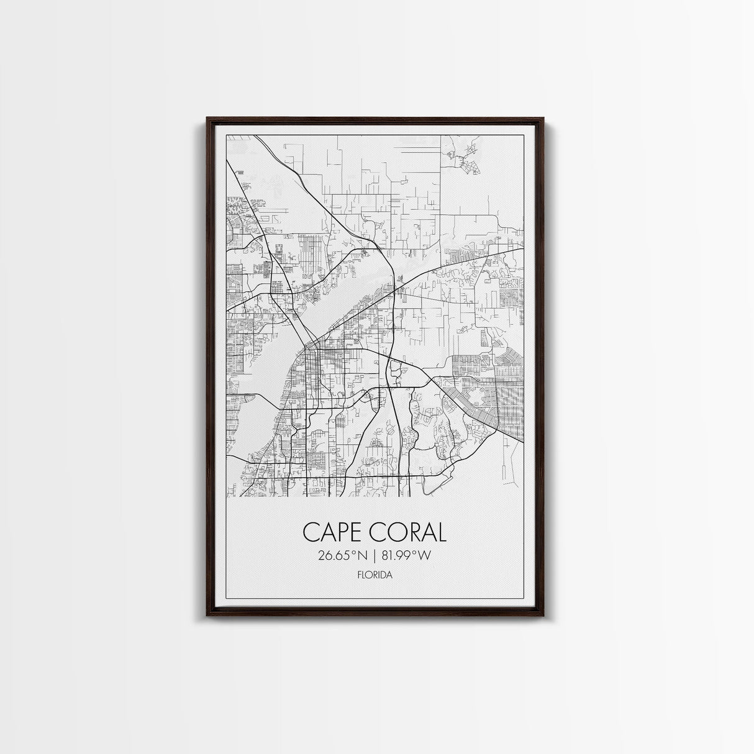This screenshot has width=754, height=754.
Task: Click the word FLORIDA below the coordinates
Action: point(375,575)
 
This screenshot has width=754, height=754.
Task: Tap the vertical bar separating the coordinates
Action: point(373,556)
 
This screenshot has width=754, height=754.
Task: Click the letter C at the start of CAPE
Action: point(310,532)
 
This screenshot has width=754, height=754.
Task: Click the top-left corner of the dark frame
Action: point(207,117)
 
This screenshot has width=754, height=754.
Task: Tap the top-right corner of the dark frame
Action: point(543,117)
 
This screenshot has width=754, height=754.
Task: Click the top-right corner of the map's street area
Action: point(523,135)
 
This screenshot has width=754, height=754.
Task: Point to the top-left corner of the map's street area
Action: point(227,135)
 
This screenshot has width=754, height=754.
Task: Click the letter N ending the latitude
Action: point(361,556)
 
